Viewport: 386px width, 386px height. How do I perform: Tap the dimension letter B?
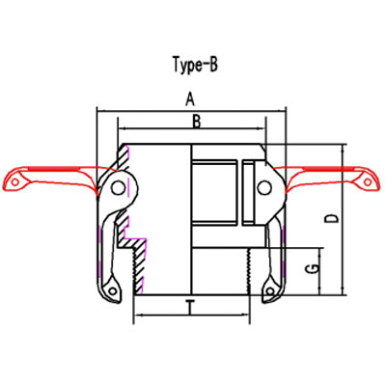click(x=195, y=121)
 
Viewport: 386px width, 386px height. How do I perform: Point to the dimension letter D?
click(x=331, y=218)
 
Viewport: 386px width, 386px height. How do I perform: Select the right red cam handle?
click(x=328, y=178)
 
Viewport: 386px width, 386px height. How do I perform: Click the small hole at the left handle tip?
click(x=14, y=179)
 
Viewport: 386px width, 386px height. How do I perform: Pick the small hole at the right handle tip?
click(x=368, y=178)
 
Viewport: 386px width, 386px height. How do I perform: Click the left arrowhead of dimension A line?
click(x=100, y=110)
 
